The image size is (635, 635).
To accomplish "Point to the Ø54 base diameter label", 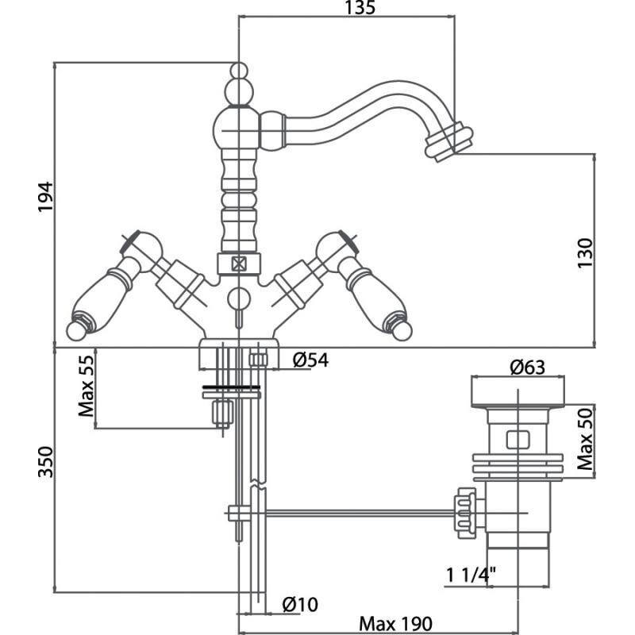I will pos(310,360).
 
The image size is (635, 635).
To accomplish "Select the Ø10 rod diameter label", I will pos(300,604).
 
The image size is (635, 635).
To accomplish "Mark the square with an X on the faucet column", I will pos(237,264).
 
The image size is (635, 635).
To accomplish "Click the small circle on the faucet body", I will pos(237,298).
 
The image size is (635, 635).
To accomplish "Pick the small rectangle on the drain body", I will pos(517,438).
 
